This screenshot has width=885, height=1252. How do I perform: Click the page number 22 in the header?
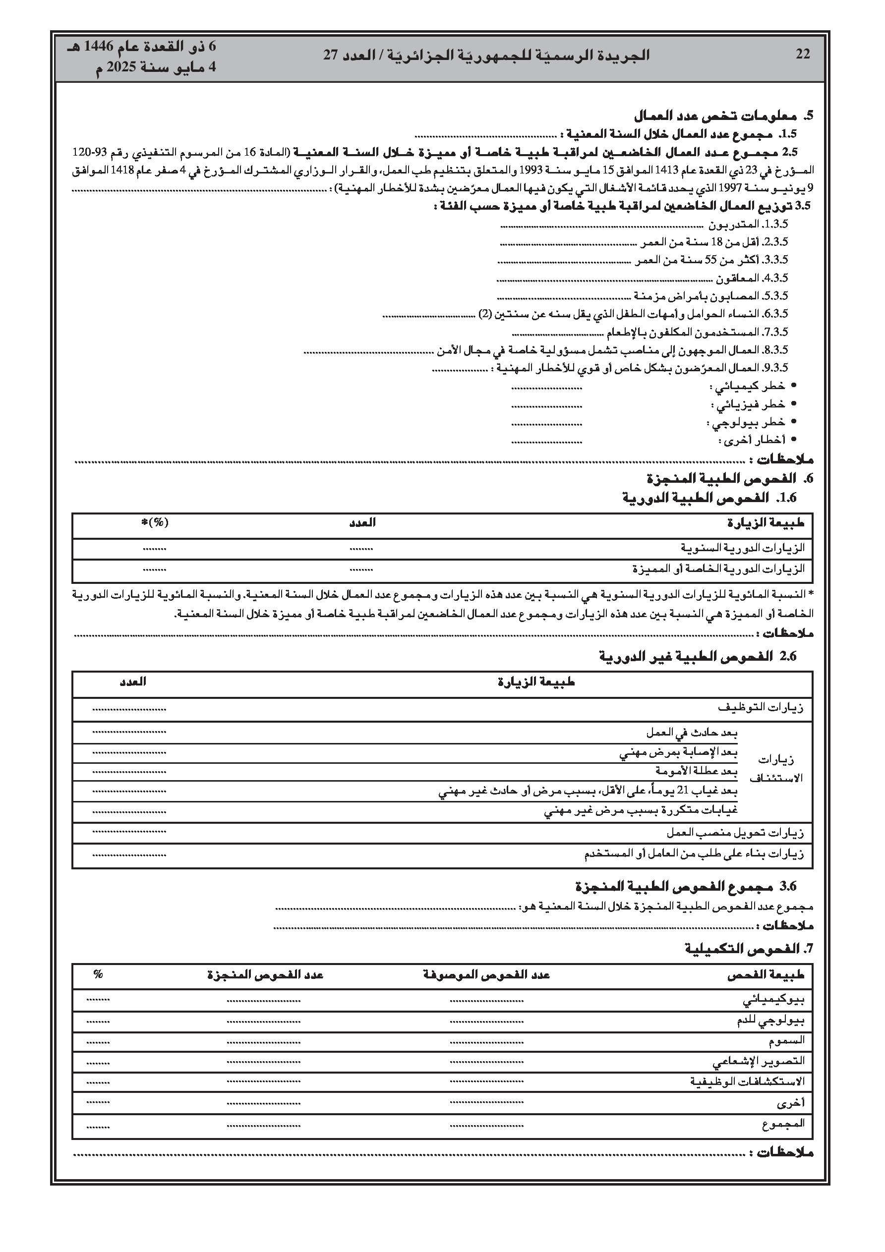tap(803, 55)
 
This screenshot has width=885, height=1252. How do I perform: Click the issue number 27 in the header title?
tap(331, 55)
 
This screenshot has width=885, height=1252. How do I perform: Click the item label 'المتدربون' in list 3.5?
tap(733, 224)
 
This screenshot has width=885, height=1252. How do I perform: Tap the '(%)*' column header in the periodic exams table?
tap(154, 522)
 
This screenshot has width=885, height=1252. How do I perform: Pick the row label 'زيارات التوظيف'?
tap(760, 708)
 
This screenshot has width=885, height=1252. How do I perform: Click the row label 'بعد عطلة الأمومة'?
tap(696, 771)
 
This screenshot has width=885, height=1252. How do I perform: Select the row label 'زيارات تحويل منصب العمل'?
tap(734, 833)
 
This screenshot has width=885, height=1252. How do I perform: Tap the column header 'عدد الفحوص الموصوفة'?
tap(486, 974)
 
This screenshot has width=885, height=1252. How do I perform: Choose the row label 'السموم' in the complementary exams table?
tap(787, 1041)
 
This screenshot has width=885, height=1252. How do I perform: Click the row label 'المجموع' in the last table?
tap(783, 1123)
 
